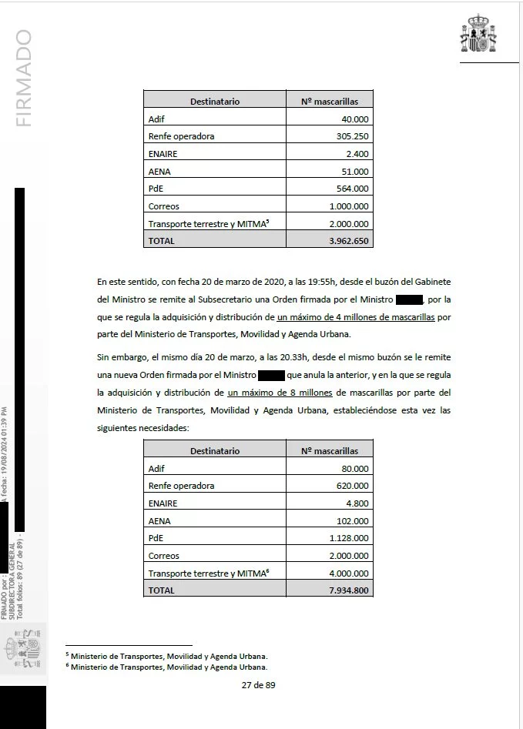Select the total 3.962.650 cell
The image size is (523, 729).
(x=347, y=240)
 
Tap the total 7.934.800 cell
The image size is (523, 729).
(x=347, y=590)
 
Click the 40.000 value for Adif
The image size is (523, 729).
(x=355, y=119)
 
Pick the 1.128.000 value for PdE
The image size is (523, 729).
(x=348, y=538)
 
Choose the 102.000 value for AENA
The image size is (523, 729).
(x=351, y=520)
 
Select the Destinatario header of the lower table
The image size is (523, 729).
(x=215, y=451)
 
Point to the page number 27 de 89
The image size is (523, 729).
(x=258, y=686)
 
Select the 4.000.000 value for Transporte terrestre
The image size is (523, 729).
(x=344, y=573)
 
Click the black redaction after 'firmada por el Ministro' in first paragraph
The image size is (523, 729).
(x=409, y=299)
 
